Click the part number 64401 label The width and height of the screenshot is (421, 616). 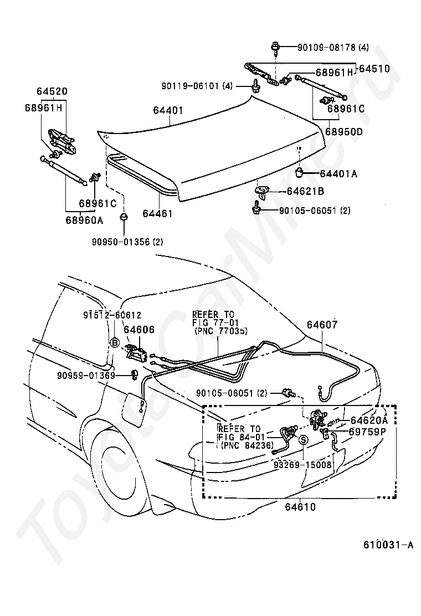coord(168,110)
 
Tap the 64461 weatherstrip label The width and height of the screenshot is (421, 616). coord(157,214)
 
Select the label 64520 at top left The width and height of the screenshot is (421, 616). coord(52,91)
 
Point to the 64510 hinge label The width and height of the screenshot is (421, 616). coord(374,69)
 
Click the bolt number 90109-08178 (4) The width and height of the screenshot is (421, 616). coord(333,48)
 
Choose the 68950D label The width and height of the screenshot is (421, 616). coord(344,132)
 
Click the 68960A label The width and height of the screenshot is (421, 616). coord(84,219)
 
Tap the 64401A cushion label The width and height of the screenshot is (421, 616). coord(338,173)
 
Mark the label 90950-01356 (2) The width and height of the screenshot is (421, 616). coord(127,242)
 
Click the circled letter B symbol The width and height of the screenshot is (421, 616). coord(115,343)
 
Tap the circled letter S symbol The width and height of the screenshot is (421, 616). coord(304,440)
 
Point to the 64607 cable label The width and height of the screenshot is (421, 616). coord(322,325)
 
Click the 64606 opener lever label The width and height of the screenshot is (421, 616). coord(140,330)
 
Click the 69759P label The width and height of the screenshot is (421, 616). coord(368,432)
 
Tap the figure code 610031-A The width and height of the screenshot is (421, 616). coord(388,545)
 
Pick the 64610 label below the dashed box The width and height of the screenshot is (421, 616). coord(300,507)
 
